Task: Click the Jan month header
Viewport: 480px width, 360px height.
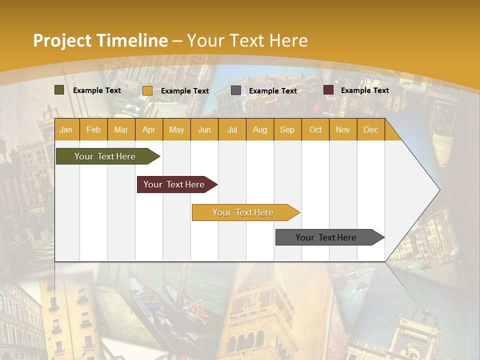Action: tap(66, 129)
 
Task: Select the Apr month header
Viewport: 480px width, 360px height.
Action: tap(148, 129)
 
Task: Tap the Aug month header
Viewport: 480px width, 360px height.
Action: tap(259, 129)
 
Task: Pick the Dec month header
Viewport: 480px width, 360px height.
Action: tap(370, 129)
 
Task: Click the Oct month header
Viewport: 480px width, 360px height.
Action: tap(315, 129)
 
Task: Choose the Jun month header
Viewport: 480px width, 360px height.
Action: tap(204, 129)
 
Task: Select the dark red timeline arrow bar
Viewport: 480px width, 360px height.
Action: tap(175, 184)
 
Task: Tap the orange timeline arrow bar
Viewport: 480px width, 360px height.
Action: tap(244, 212)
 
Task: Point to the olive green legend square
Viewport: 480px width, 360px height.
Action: tap(59, 90)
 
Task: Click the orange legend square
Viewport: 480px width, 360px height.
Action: tap(147, 90)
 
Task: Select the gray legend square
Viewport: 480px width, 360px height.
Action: tap(236, 90)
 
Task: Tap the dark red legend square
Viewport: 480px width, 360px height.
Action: tap(328, 90)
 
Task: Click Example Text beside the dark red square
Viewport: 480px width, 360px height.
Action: tap(364, 90)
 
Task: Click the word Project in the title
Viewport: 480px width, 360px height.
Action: tap(62, 40)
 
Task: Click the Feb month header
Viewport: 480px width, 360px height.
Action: tap(93, 129)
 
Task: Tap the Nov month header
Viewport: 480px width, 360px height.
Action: tap(343, 129)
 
